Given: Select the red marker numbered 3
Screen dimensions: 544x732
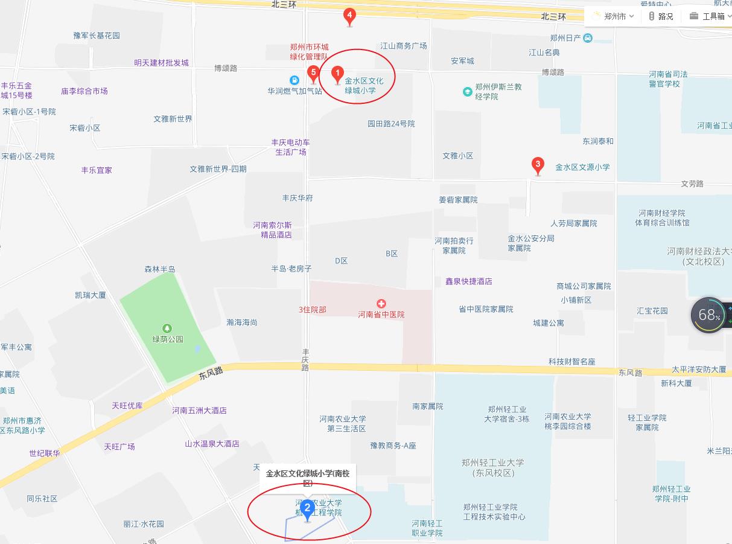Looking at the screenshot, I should (537, 165).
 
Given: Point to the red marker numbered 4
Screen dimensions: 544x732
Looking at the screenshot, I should (349, 16).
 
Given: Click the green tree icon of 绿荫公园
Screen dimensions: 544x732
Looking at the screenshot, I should (167, 328).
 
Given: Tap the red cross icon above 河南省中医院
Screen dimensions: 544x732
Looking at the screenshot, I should (381, 304).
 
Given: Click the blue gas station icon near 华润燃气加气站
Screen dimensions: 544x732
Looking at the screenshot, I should (294, 80).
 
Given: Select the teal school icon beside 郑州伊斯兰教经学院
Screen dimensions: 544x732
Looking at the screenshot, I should (467, 92).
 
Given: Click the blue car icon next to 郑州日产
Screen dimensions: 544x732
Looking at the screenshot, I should (588, 38).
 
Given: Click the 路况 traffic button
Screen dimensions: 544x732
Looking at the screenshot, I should (661, 16).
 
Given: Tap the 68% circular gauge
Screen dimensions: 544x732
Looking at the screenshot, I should (709, 315).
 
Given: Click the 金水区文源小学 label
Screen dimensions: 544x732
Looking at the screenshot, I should (582, 167).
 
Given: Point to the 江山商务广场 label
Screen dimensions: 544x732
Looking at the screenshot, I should (403, 46).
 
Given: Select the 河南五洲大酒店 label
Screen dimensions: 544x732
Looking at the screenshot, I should (199, 411).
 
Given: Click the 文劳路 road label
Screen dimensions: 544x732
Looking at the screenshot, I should (692, 184).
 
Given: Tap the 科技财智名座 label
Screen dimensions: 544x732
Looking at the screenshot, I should (571, 362).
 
